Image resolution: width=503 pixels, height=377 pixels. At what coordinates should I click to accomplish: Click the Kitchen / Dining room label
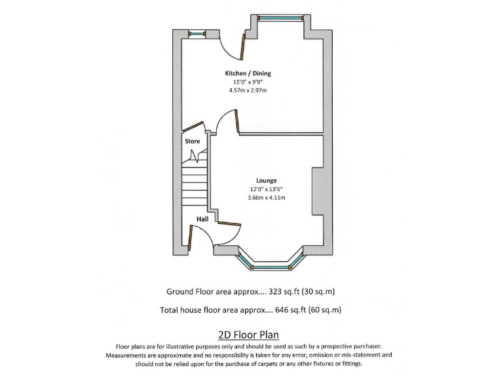(x=248, y=73)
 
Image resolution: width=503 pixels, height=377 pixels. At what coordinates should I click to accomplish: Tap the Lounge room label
(x=266, y=180)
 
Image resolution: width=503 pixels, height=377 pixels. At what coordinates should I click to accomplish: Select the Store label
(x=192, y=141)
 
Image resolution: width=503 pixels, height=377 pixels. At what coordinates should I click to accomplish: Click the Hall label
(x=202, y=219)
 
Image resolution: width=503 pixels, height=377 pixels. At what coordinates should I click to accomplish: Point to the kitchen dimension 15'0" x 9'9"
(x=248, y=82)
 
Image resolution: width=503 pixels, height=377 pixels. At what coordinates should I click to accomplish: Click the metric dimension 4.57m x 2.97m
(x=248, y=90)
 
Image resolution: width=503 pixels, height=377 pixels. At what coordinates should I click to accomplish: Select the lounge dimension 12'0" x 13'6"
(x=266, y=188)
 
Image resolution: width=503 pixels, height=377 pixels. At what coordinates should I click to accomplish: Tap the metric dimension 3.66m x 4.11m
(x=266, y=197)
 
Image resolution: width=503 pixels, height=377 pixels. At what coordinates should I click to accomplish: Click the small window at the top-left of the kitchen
(x=196, y=34)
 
